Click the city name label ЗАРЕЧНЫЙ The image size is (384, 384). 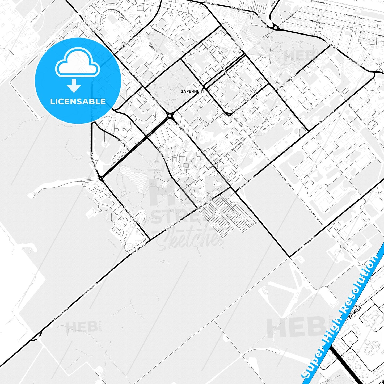click(192, 91)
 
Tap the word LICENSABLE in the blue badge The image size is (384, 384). click(78, 102)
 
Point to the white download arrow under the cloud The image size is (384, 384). click(74, 86)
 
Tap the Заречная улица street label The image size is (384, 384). click(123, 144)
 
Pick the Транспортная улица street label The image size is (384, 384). click(306, 244)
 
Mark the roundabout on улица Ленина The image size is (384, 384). click(170, 116)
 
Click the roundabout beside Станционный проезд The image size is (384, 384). click(275, 27)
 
